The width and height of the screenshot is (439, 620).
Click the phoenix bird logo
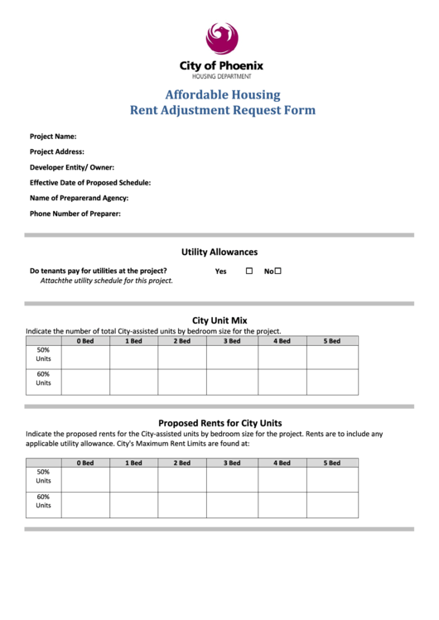point(221,38)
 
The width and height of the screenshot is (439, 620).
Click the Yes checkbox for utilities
point(248,271)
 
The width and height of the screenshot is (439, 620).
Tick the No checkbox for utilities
point(278,271)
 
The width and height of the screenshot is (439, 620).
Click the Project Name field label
point(53,137)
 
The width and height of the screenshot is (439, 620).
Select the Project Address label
point(57,151)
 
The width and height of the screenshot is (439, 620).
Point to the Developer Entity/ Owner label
point(72,167)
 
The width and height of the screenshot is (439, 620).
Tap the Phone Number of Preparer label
point(75,214)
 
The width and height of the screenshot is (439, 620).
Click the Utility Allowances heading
point(219,252)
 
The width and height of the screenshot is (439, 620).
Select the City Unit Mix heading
point(219,320)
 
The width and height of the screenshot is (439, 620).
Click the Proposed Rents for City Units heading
point(219,422)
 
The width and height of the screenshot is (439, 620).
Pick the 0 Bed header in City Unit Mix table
point(85,340)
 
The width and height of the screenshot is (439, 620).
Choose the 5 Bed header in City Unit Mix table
point(332,340)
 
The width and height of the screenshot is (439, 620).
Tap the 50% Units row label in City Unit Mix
point(43,355)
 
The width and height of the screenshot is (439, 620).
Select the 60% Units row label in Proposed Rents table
point(43,502)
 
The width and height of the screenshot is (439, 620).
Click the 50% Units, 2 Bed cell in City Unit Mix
point(182,357)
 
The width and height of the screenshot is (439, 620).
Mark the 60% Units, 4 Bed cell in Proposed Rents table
point(282,504)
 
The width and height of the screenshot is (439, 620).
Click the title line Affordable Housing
point(222,94)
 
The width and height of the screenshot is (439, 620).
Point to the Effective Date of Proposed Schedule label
point(90,183)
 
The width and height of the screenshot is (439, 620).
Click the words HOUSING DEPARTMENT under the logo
point(221,76)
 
